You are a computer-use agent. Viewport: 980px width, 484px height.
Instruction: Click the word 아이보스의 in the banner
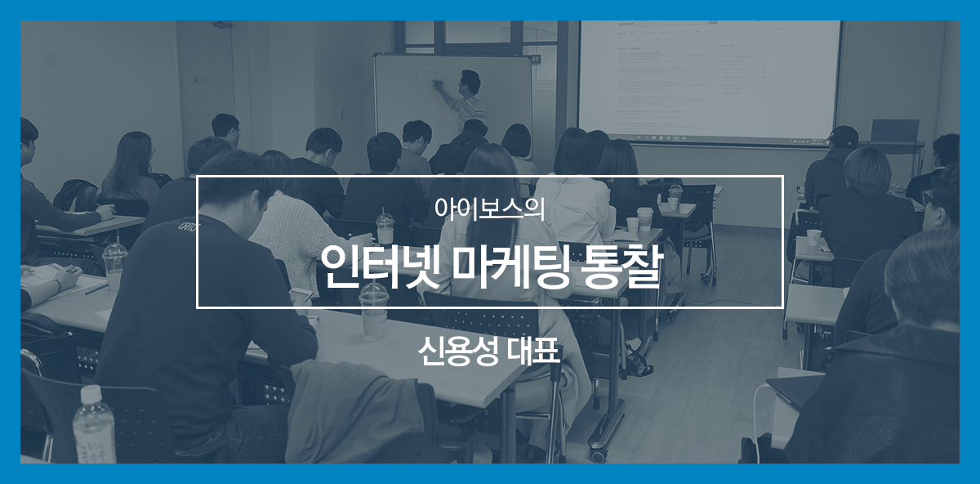(489, 209)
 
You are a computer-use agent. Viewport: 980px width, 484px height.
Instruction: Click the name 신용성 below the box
(458, 352)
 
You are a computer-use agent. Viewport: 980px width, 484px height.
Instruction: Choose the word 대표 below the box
(535, 352)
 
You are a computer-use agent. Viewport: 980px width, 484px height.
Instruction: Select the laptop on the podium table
(889, 131)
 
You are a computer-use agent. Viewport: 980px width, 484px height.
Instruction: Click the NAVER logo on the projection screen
(626, 24)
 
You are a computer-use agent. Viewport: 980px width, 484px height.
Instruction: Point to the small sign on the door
(201, 81)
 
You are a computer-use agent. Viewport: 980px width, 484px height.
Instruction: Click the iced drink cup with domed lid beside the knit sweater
(385, 229)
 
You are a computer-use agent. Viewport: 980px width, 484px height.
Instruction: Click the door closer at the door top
(223, 25)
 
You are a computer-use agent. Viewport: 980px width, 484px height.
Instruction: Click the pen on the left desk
(96, 289)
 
